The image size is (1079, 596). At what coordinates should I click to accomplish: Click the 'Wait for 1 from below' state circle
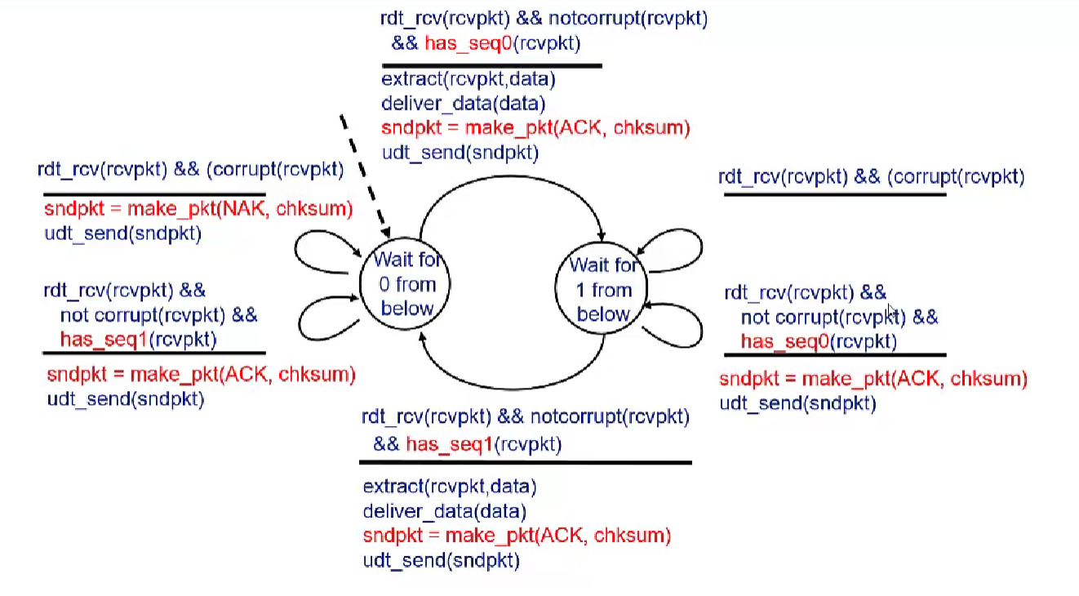coord(602,289)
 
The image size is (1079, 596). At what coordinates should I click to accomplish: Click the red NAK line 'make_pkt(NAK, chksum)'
coord(198,209)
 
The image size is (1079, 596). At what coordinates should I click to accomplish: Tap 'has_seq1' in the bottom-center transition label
coord(449,444)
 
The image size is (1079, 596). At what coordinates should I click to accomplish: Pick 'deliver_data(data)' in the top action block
coord(463,104)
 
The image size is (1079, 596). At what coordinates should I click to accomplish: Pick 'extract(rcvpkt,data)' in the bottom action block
coord(450,487)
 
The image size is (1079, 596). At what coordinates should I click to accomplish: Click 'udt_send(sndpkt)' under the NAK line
coord(122,234)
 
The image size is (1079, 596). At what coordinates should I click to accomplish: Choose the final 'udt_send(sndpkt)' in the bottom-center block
coord(441,561)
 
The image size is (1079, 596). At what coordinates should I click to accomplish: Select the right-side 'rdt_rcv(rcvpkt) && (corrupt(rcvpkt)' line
coord(871,177)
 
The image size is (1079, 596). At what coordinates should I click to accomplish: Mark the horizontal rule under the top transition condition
coord(491,65)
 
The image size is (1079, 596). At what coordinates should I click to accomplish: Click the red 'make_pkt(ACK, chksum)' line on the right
coord(873,379)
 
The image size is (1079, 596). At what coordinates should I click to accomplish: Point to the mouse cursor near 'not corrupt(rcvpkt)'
coord(891,310)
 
